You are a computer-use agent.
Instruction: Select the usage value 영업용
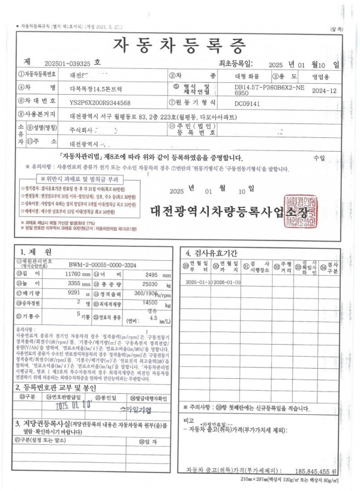[x=322, y=76]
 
